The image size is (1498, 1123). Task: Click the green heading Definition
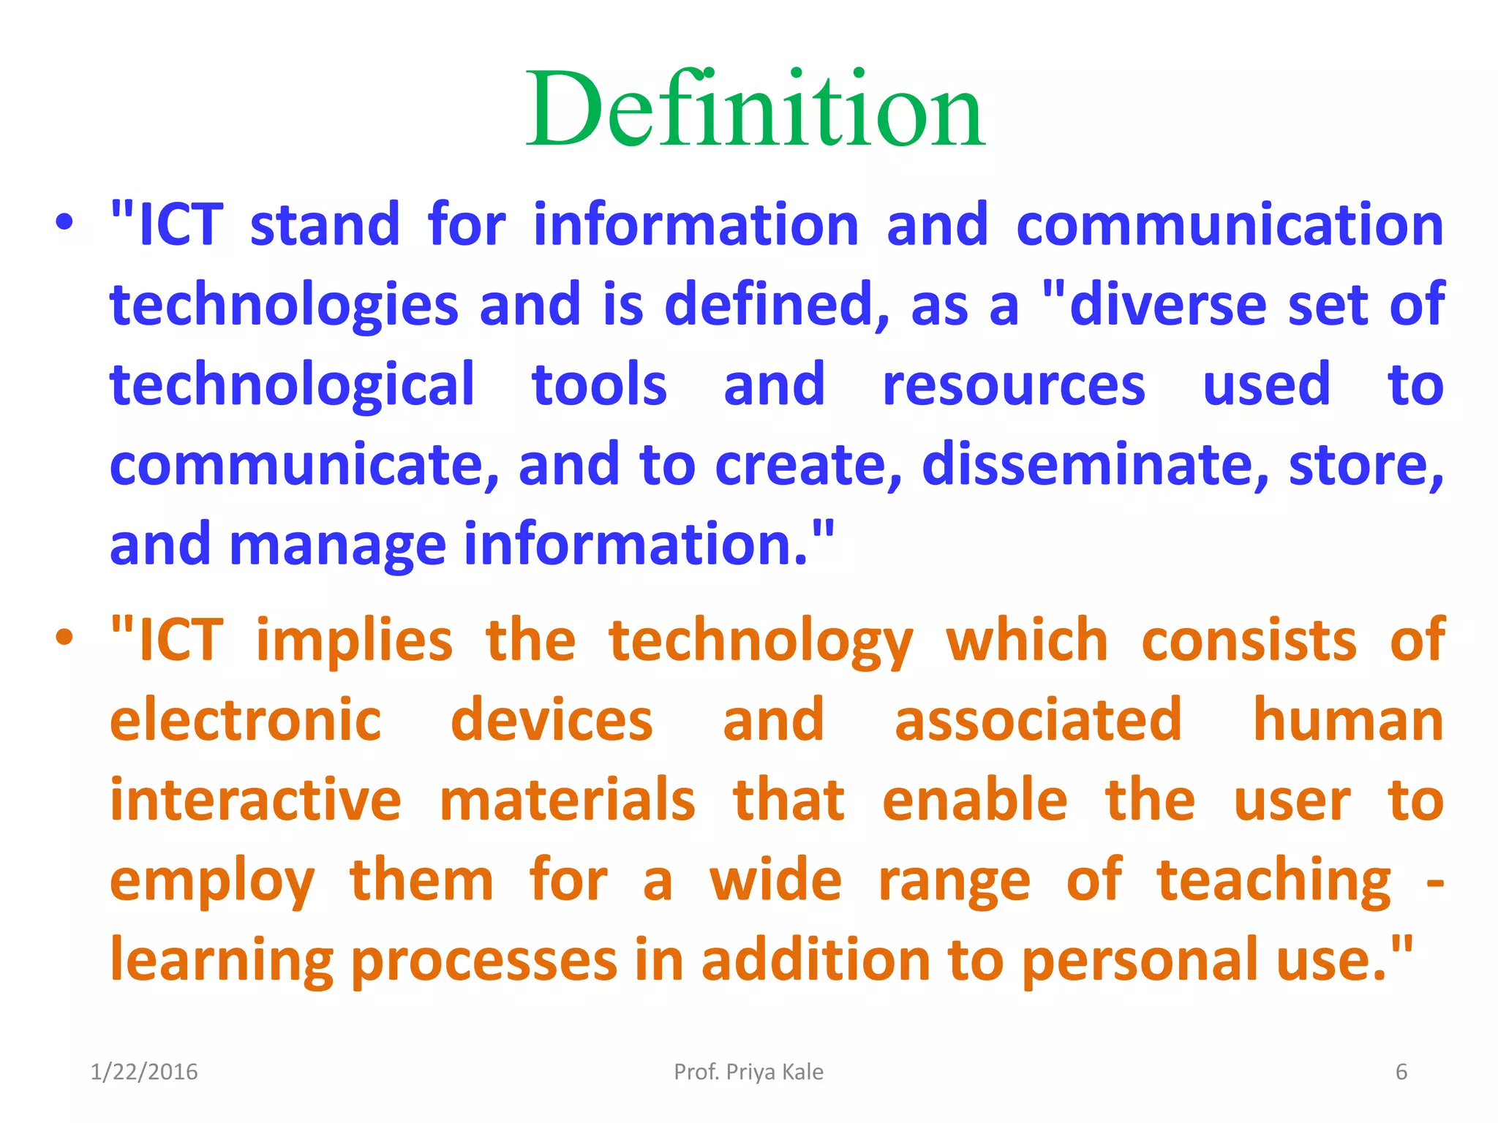coord(756,110)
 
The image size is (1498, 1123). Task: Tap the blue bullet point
coord(64,222)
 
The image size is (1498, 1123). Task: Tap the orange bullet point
coord(64,638)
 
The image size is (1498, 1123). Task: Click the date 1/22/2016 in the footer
coord(143,1072)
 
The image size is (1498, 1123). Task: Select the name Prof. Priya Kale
coord(748,1072)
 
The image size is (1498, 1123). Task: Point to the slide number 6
coord(1401,1072)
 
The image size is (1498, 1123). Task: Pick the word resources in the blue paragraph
coord(1013,385)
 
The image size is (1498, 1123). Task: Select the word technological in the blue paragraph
coord(293,385)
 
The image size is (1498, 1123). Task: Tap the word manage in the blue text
coord(337,545)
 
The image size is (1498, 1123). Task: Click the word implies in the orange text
coord(354,640)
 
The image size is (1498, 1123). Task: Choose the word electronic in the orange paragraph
coord(246,720)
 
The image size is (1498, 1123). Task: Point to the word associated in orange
coord(1038,720)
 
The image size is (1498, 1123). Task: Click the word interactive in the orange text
coord(255,800)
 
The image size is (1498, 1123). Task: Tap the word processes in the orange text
coord(484,961)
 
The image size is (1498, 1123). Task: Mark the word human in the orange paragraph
coord(1348,720)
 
